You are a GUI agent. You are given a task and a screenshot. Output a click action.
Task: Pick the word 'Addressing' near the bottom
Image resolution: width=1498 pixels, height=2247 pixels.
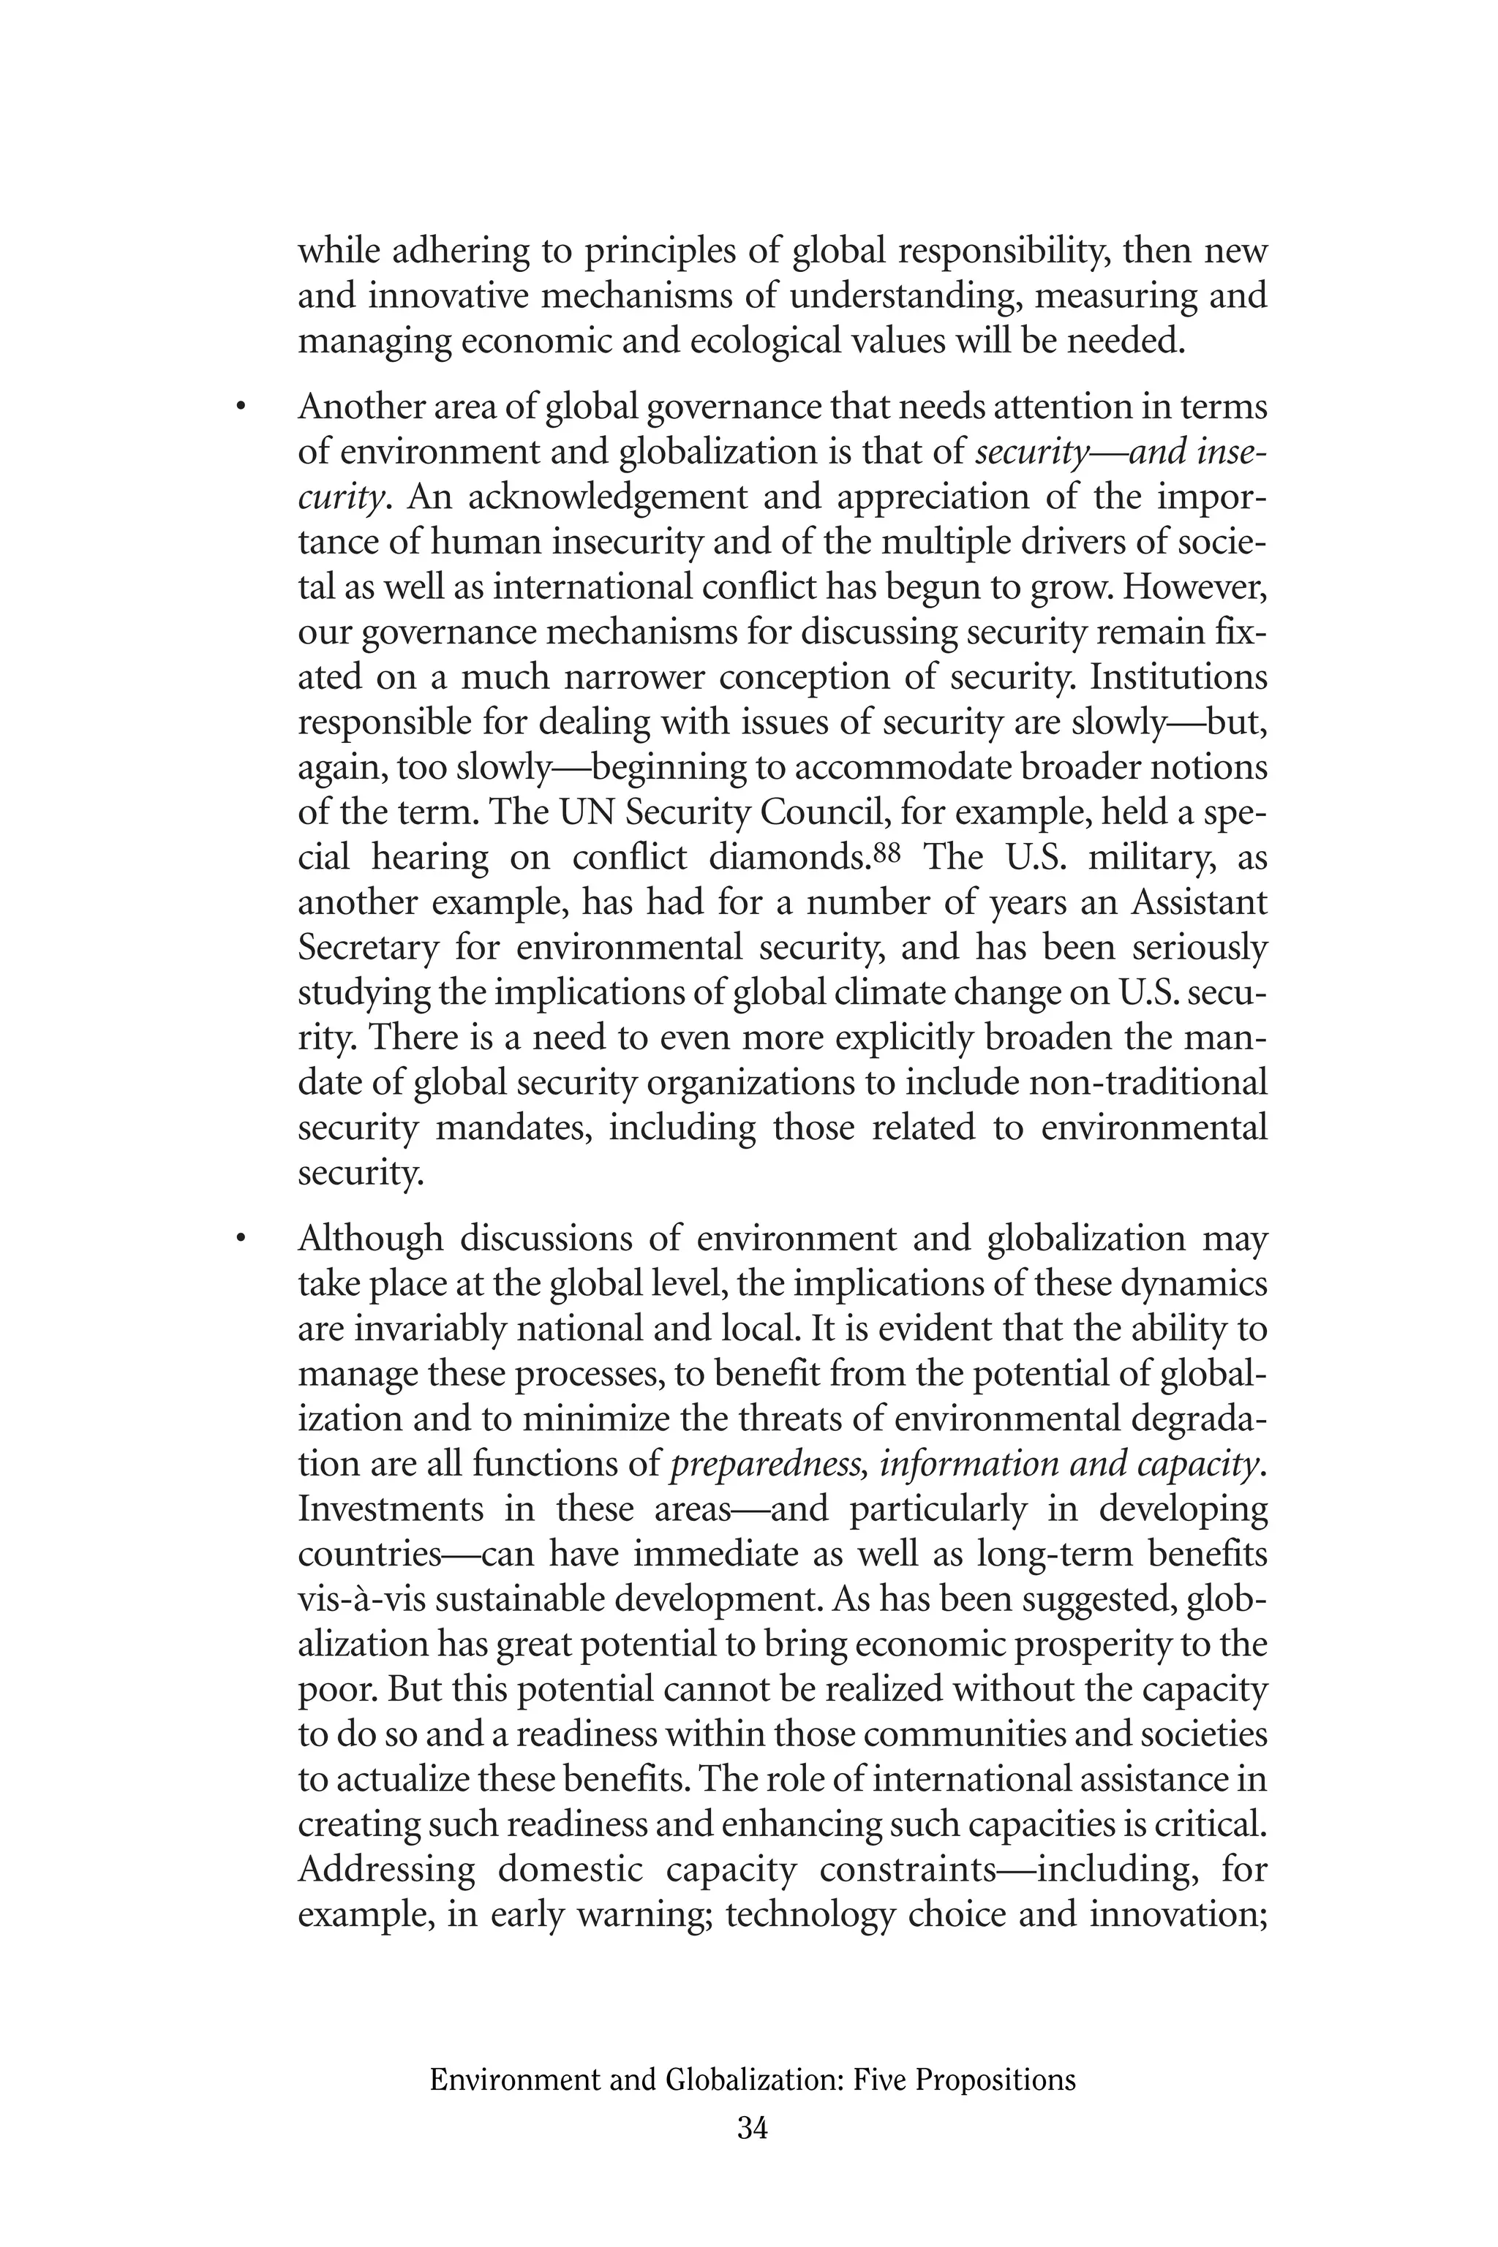386,1870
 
